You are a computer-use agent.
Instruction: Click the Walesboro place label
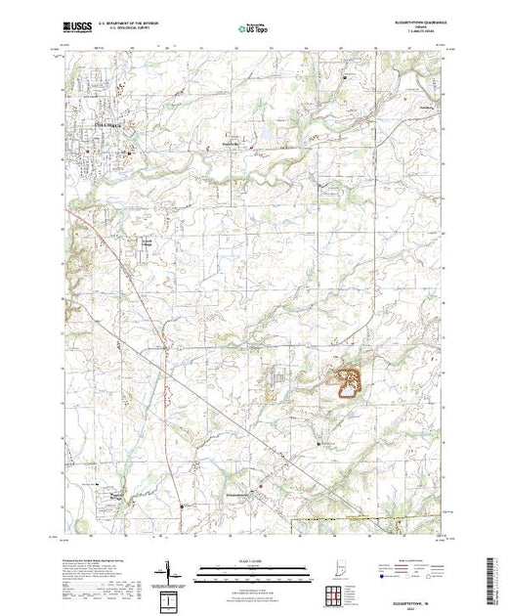117,494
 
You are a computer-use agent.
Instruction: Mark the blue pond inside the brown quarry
346,394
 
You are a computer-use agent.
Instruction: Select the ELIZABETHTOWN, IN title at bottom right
422,600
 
